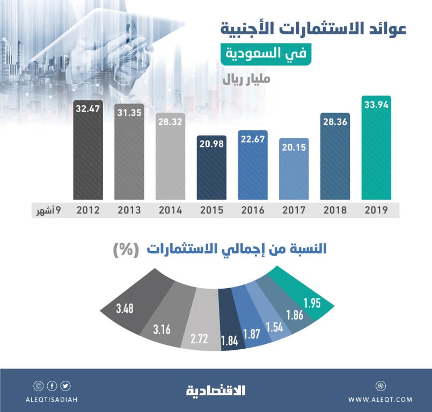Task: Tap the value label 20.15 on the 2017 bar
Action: pyautogui.click(x=294, y=147)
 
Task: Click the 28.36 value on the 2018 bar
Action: pyautogui.click(x=335, y=121)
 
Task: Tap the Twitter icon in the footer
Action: pyautogui.click(x=65, y=386)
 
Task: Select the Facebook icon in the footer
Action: pyautogui.click(x=52, y=386)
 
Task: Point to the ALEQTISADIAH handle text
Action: pyautogui.click(x=52, y=399)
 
